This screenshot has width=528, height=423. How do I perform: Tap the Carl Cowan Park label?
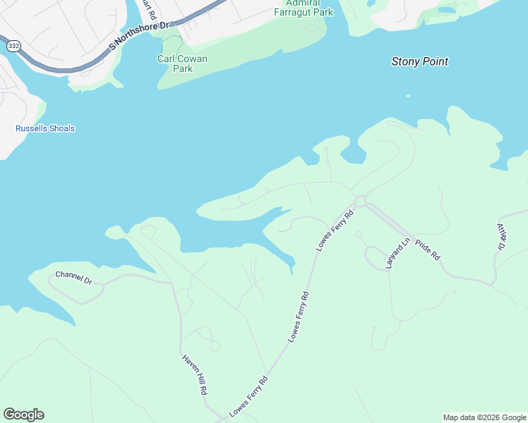182,64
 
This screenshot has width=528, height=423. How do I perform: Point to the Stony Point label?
420,62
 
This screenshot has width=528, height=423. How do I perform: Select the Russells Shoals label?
45,129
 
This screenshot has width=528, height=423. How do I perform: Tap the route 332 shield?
13,45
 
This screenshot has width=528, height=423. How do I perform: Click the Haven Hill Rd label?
195,374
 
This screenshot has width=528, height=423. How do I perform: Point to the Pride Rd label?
428,250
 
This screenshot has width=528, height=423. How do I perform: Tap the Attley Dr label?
502,237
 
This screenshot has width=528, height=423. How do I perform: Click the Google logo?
23,415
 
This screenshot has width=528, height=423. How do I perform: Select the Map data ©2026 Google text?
484,417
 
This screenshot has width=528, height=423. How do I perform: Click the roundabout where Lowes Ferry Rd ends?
360,202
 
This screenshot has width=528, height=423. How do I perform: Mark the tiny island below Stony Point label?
407,96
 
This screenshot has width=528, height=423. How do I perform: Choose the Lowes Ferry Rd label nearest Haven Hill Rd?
249,396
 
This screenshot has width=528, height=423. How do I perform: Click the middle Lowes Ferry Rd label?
299,317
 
